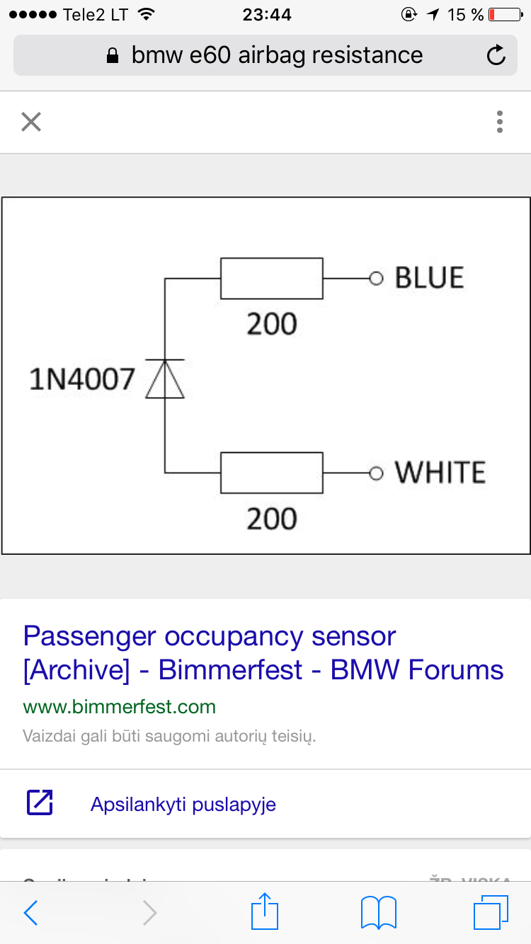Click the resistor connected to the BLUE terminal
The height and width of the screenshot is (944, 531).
coord(272,279)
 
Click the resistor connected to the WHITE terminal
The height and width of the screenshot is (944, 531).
coord(272,473)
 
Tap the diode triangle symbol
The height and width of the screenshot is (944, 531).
coord(165,379)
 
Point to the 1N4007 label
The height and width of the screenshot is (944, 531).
coord(81,380)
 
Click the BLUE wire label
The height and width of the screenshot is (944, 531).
coord(429,278)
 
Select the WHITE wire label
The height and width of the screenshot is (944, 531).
coord(440,473)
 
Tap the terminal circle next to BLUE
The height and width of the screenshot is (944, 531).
coord(376,279)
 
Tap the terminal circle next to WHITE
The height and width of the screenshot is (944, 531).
coord(376,473)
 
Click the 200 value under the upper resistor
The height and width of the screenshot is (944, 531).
coord(272,324)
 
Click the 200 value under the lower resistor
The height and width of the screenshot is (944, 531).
coord(272,519)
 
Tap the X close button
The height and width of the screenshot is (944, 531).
coord(31,122)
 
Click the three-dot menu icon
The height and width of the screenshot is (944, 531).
coord(500,122)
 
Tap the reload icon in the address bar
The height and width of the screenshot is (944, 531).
coord(496,55)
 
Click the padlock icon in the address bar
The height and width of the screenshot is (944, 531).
coord(112,56)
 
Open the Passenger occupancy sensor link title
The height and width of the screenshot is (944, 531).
coord(263,652)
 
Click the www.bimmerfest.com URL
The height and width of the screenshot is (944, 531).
coord(119,707)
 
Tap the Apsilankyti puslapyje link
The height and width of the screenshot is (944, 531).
coord(183,805)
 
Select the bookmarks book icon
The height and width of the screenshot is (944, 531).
coord(378,912)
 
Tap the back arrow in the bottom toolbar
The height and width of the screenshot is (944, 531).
coord(30,913)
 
